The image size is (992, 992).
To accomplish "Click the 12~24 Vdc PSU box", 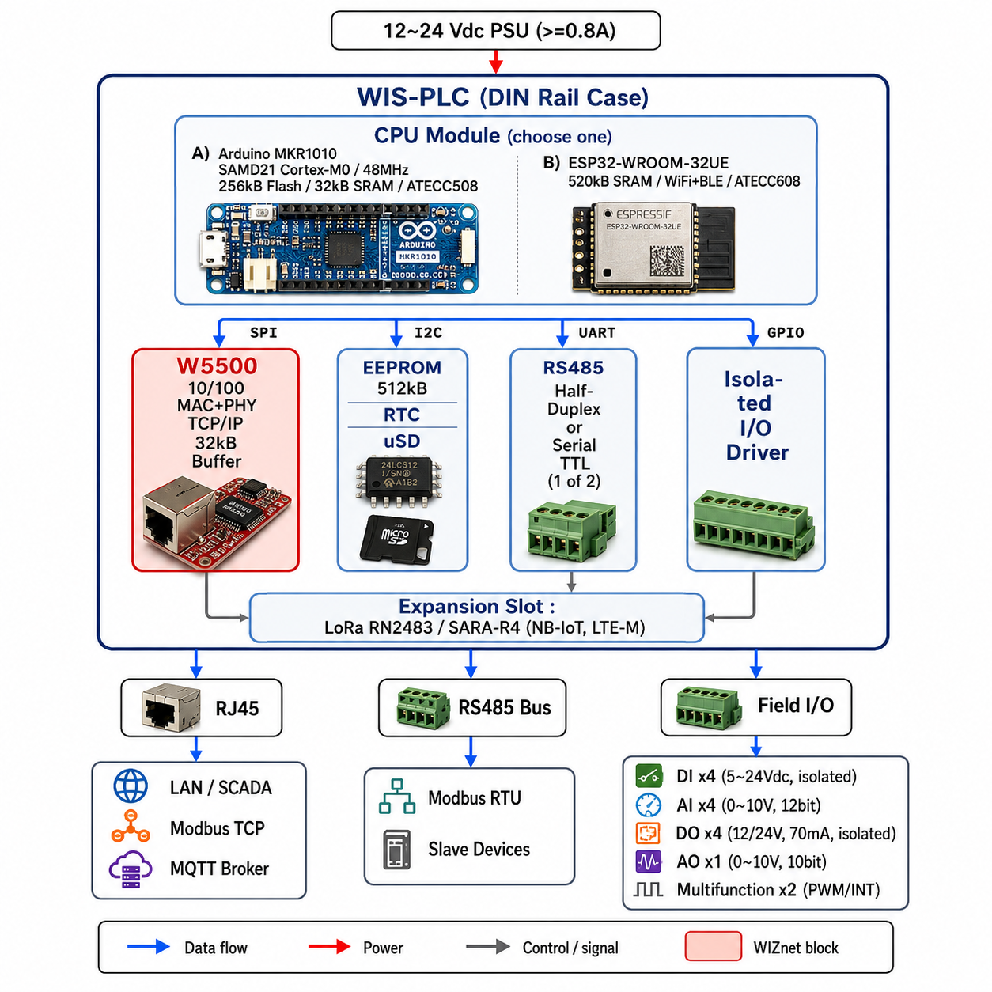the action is pos(495,30).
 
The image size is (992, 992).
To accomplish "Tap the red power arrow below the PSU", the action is pos(495,62).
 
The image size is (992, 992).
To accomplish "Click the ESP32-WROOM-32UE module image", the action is pos(653,248).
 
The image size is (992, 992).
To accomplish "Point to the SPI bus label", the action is pos(263,332).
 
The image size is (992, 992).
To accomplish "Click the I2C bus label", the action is pos(428,332).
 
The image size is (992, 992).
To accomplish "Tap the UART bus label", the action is pos(596,332).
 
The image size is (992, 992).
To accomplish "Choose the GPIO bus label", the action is pos(785,332).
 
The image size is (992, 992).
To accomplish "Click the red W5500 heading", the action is pos(217,366).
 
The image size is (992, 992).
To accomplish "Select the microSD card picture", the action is pos(397,538).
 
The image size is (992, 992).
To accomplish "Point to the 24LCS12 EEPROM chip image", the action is pos(399,479).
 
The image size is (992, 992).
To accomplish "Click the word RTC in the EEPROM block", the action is pos(402,415).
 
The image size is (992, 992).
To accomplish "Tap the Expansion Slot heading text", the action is pos(477,607).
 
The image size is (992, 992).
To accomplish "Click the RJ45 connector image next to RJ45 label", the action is pos(172,708).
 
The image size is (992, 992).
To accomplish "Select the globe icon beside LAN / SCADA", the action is pos(131,786).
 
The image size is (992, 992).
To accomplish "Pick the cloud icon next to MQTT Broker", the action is pos(131,869).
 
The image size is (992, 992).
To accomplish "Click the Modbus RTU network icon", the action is pos(397,797).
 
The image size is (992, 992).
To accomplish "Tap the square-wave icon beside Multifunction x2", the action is pos(648,889).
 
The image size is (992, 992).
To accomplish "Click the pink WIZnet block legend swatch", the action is pos(713,946).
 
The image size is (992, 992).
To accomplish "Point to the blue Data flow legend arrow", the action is pos(148,946).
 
